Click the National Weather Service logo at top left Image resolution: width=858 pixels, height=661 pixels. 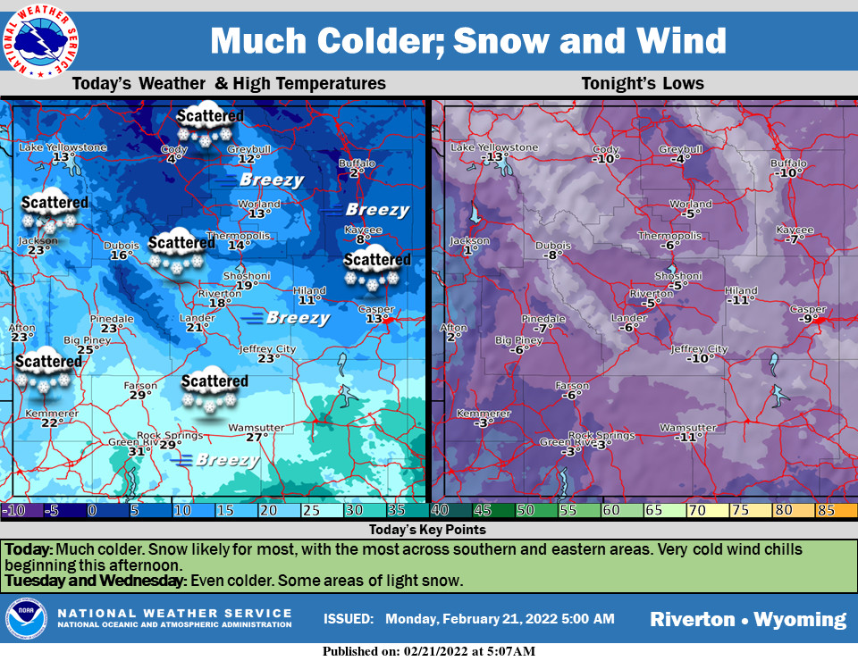(x=39, y=40)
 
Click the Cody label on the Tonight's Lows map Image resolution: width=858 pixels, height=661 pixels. (x=606, y=149)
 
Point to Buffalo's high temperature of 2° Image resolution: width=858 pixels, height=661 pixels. (x=355, y=172)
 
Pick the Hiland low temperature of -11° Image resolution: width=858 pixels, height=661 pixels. (x=739, y=301)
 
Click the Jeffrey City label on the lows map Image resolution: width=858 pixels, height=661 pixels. (x=699, y=348)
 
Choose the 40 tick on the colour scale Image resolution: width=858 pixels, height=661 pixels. (x=440, y=510)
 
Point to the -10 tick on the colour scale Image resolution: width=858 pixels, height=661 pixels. (x=13, y=510)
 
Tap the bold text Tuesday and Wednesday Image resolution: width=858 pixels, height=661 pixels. (x=94, y=581)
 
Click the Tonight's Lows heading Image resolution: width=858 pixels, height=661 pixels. (x=643, y=84)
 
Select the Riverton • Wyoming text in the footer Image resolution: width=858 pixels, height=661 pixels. (x=747, y=619)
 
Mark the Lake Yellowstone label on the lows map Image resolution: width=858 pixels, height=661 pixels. (x=494, y=147)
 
